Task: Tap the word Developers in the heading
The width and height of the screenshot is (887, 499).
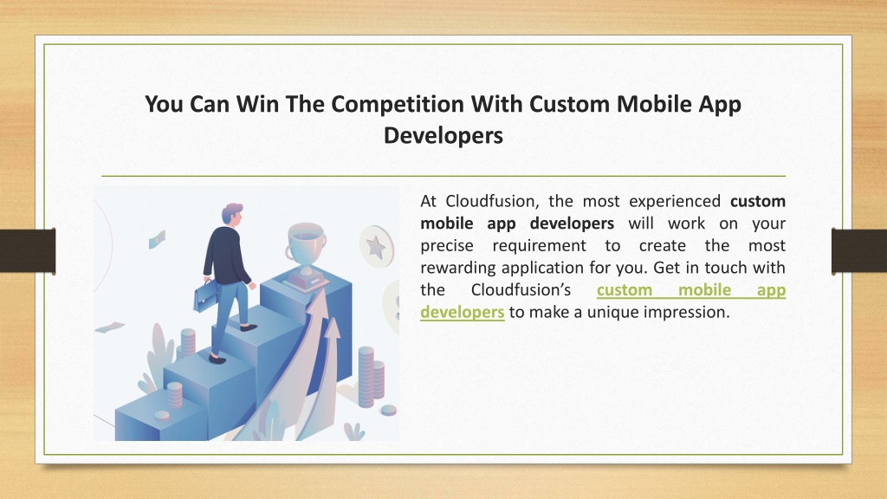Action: [443, 136]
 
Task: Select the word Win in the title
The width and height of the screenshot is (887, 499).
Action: [257, 104]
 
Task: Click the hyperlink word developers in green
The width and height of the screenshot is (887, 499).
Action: [463, 312]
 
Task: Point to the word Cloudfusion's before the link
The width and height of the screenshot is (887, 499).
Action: [521, 289]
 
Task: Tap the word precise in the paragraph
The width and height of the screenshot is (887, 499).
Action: [447, 245]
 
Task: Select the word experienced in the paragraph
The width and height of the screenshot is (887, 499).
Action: [675, 201]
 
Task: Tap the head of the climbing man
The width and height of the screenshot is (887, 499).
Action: [232, 215]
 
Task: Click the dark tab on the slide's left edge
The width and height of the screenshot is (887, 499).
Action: [28, 251]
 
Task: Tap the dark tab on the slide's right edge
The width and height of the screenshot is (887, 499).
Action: [858, 250]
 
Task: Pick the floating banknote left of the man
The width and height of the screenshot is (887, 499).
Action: [157, 239]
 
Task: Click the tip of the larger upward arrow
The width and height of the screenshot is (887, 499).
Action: [322, 288]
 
